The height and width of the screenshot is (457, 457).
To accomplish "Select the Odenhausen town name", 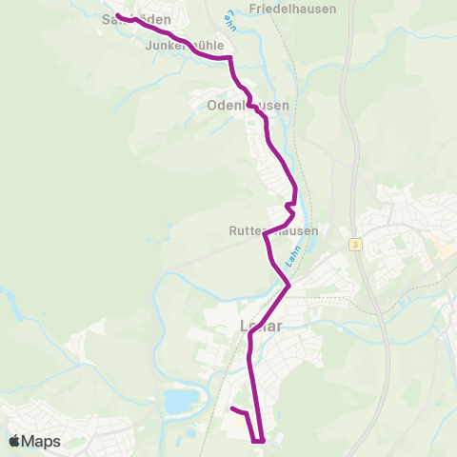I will point(248,107).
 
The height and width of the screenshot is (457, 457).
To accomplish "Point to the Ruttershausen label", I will point(273,231).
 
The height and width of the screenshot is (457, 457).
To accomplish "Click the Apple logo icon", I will point(14,442).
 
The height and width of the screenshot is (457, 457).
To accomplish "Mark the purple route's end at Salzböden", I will point(118,15).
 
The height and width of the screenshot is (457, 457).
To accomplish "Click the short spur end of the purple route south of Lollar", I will point(232,408).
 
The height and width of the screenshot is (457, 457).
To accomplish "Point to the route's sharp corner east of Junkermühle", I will point(230,58).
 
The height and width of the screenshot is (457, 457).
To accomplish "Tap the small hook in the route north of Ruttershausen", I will point(288,206).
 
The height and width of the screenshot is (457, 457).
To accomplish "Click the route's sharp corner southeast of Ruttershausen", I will point(288,284).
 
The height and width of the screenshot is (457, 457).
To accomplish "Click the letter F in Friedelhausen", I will point(251,9).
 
